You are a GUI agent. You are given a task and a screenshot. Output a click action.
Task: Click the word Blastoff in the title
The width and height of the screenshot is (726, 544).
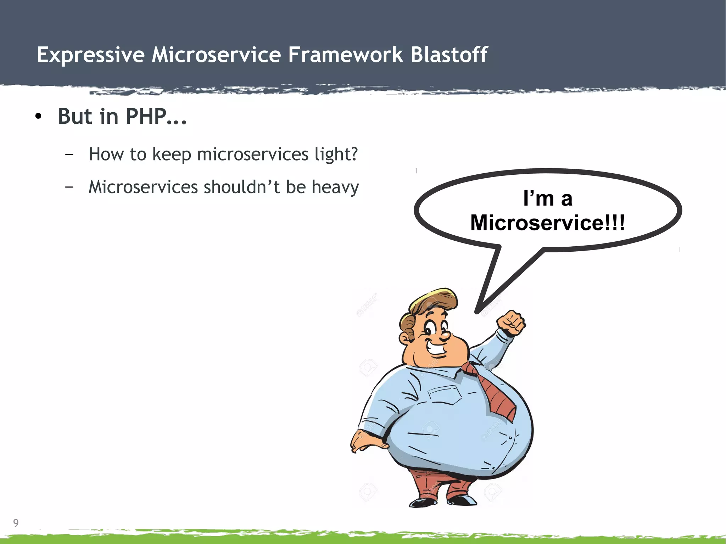(449, 55)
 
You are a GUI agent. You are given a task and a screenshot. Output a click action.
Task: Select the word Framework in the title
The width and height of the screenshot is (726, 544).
(345, 55)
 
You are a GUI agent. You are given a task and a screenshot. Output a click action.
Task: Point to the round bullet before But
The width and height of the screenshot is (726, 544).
(39, 117)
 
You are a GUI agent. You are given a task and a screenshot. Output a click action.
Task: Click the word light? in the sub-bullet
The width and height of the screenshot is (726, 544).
(336, 154)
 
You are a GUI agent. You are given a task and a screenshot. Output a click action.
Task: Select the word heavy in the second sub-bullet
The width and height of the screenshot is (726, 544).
(335, 187)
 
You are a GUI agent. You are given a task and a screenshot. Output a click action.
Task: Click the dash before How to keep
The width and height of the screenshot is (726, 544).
(69, 154)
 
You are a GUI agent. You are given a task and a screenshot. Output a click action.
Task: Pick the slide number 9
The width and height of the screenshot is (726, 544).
(16, 523)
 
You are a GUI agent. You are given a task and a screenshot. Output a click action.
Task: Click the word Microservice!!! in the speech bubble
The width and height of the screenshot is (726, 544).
(547, 223)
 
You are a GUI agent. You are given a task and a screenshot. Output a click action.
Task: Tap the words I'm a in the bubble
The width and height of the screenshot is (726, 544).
(548, 198)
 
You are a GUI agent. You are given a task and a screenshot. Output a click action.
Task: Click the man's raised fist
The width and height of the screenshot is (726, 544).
(511, 323)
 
